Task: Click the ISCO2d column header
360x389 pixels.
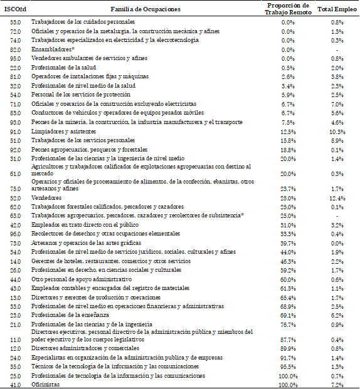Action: coord(16,9)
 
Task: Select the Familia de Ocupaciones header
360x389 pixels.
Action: coord(140,9)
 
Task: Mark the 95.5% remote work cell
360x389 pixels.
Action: coord(288,366)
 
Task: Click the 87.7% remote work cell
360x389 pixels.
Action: coord(288,339)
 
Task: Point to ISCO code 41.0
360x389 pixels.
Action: coord(16,385)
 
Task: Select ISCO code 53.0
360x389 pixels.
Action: coord(16,21)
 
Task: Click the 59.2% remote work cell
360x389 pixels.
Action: coord(288,269)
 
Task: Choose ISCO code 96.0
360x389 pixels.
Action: coord(16,233)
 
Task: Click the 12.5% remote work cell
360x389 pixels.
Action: coord(288,132)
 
